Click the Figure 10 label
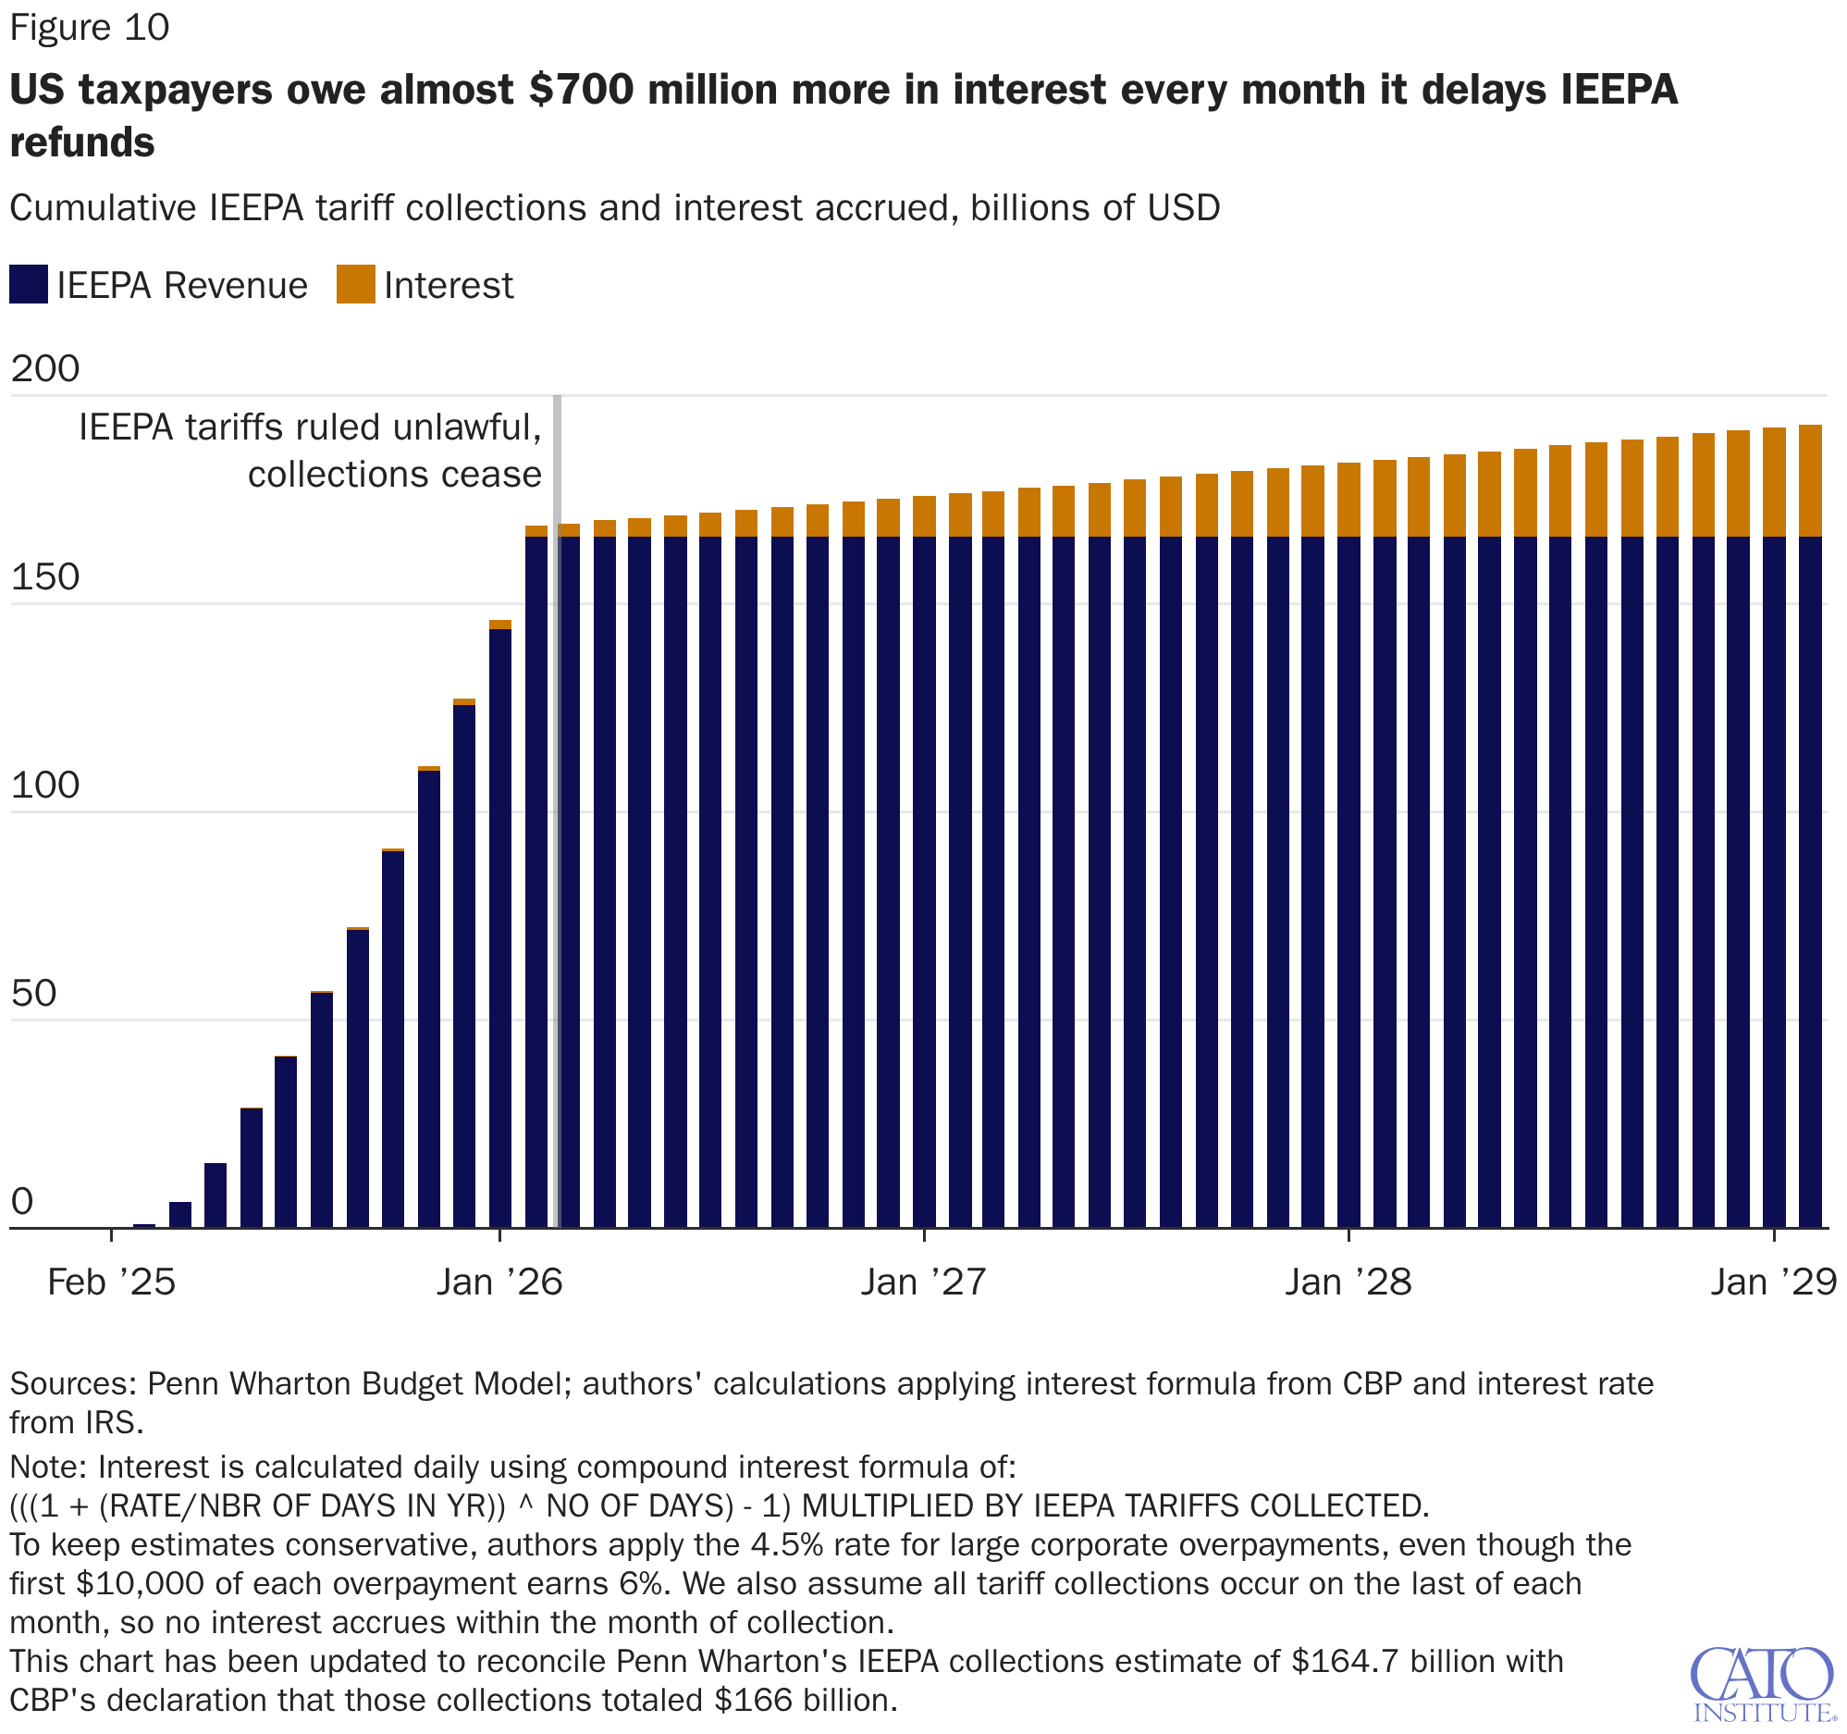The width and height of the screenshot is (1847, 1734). [89, 28]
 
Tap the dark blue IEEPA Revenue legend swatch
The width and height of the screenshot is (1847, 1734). [29, 284]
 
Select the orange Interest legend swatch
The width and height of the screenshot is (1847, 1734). [356, 284]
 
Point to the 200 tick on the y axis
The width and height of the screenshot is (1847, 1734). [45, 369]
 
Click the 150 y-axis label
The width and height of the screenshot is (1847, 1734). [45, 577]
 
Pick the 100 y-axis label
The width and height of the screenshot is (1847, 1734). [45, 786]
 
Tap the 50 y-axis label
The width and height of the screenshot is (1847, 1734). [34, 994]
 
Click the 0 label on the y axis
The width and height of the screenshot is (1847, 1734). [22, 1202]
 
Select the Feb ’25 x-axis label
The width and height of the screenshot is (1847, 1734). [112, 1282]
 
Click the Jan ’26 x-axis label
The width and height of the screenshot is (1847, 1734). [499, 1282]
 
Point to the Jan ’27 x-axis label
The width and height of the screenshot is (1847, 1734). [923, 1282]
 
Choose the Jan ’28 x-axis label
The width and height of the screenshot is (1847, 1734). [1348, 1282]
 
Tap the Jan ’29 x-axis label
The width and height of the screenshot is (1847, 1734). [1774, 1282]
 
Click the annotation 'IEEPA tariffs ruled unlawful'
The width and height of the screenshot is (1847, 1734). [311, 427]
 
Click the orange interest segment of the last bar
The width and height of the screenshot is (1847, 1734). [1810, 480]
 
